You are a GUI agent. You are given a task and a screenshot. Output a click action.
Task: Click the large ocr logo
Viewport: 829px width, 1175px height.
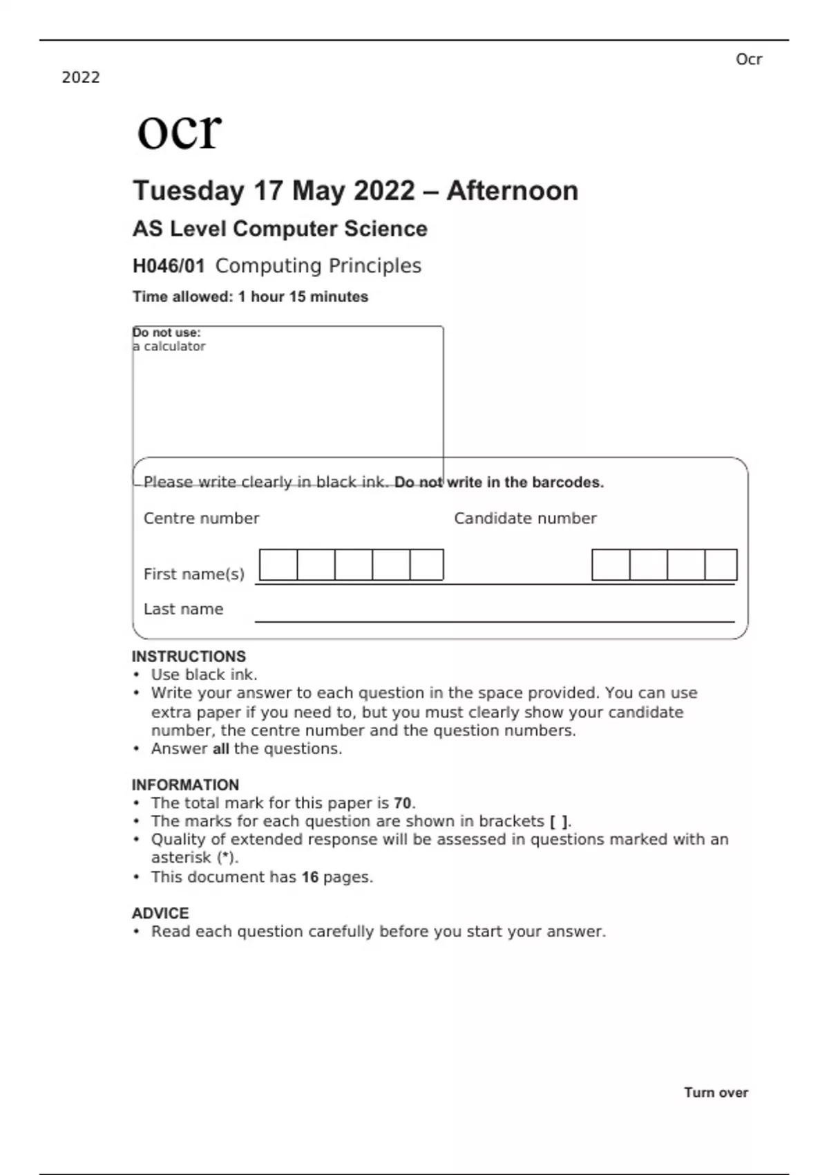[x=179, y=131]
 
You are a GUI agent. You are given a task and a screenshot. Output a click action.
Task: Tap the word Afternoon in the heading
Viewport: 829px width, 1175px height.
[x=512, y=191]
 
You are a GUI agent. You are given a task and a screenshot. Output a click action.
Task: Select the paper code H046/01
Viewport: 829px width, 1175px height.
[x=169, y=266]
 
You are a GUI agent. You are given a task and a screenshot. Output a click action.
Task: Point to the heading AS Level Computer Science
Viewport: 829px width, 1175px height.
[x=280, y=229]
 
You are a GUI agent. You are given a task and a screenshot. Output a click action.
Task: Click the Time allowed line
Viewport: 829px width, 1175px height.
[x=250, y=297]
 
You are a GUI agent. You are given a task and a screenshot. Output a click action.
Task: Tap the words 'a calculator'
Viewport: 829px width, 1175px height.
[x=170, y=346]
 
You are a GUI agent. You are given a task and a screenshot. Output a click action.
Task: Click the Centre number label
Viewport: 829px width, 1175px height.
[x=201, y=518]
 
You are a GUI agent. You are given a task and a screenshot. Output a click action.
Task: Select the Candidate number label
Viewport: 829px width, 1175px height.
[x=525, y=518]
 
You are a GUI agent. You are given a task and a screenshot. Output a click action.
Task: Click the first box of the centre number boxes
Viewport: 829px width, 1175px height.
[x=278, y=565]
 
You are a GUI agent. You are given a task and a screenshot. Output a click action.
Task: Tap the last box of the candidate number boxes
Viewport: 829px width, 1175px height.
[x=721, y=565]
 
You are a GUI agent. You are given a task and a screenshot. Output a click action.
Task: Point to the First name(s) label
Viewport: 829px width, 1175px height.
[x=193, y=574]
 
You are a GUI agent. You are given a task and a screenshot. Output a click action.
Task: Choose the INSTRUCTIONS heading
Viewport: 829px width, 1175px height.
[x=189, y=657]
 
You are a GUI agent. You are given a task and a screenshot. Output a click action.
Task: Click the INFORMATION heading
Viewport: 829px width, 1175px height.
[x=185, y=785]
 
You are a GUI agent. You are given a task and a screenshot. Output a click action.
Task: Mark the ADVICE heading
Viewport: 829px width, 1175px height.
[x=160, y=913]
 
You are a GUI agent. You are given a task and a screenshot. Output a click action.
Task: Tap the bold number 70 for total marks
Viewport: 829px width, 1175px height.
[x=402, y=803]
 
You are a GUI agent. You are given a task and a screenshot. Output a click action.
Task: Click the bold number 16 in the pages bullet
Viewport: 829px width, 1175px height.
[x=310, y=877]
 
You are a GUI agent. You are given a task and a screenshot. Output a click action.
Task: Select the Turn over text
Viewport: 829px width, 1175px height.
[x=716, y=1093]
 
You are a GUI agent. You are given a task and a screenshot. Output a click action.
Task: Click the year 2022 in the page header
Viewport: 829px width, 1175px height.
[x=81, y=77]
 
